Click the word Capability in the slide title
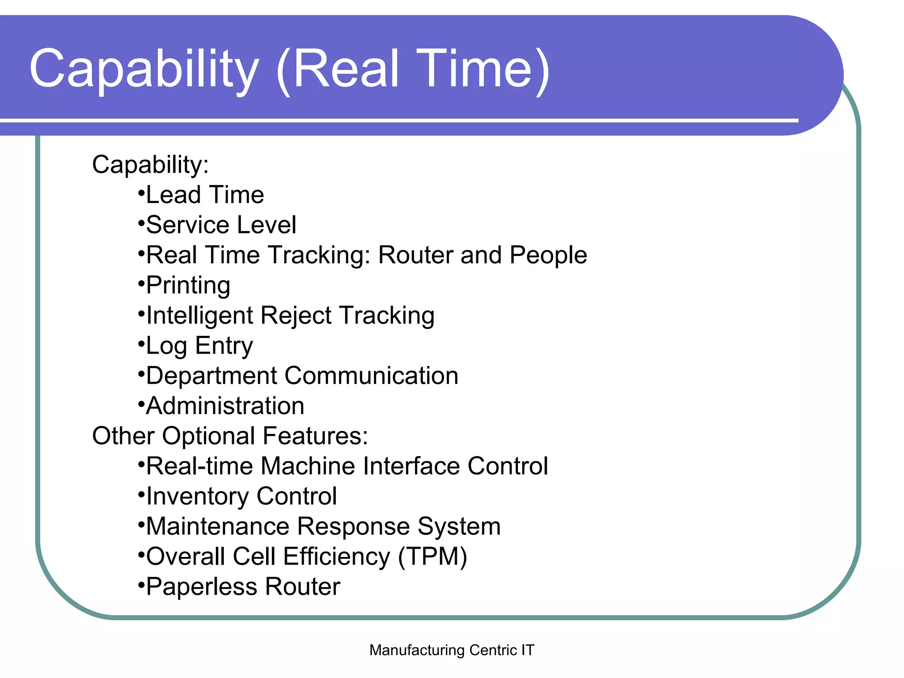coord(144,69)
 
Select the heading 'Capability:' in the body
coord(150,165)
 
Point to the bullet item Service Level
coord(221,225)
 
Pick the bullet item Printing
coord(188,285)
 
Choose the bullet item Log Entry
coord(199,346)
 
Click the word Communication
coord(371,376)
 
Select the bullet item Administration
coord(225,406)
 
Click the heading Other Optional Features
coord(230,436)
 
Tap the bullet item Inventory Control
coord(241,496)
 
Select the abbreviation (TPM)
coord(432,557)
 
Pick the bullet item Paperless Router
coord(243,587)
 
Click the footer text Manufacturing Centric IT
coord(452,650)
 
